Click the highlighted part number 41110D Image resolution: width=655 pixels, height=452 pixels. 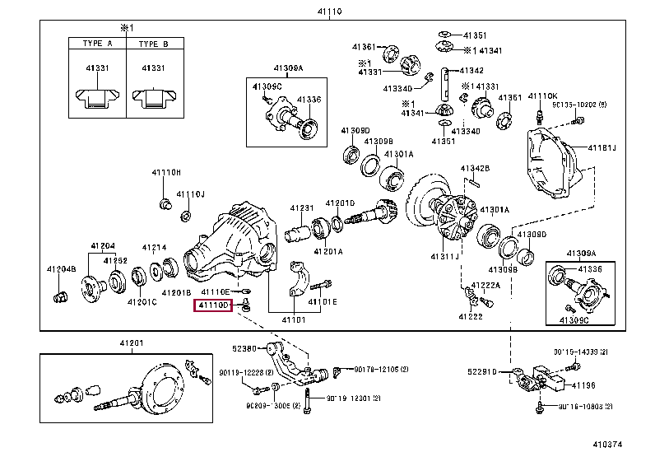click(x=212, y=306)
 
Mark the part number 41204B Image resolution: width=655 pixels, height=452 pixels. click(x=61, y=269)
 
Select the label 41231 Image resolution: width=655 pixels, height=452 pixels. click(x=302, y=208)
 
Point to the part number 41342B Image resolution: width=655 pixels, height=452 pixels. click(x=475, y=168)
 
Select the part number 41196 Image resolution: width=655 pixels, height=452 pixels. click(x=583, y=384)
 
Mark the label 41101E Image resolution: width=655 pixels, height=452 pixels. click(x=323, y=301)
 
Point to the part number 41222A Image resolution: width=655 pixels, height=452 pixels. click(x=486, y=285)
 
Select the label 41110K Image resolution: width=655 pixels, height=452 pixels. click(x=543, y=96)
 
